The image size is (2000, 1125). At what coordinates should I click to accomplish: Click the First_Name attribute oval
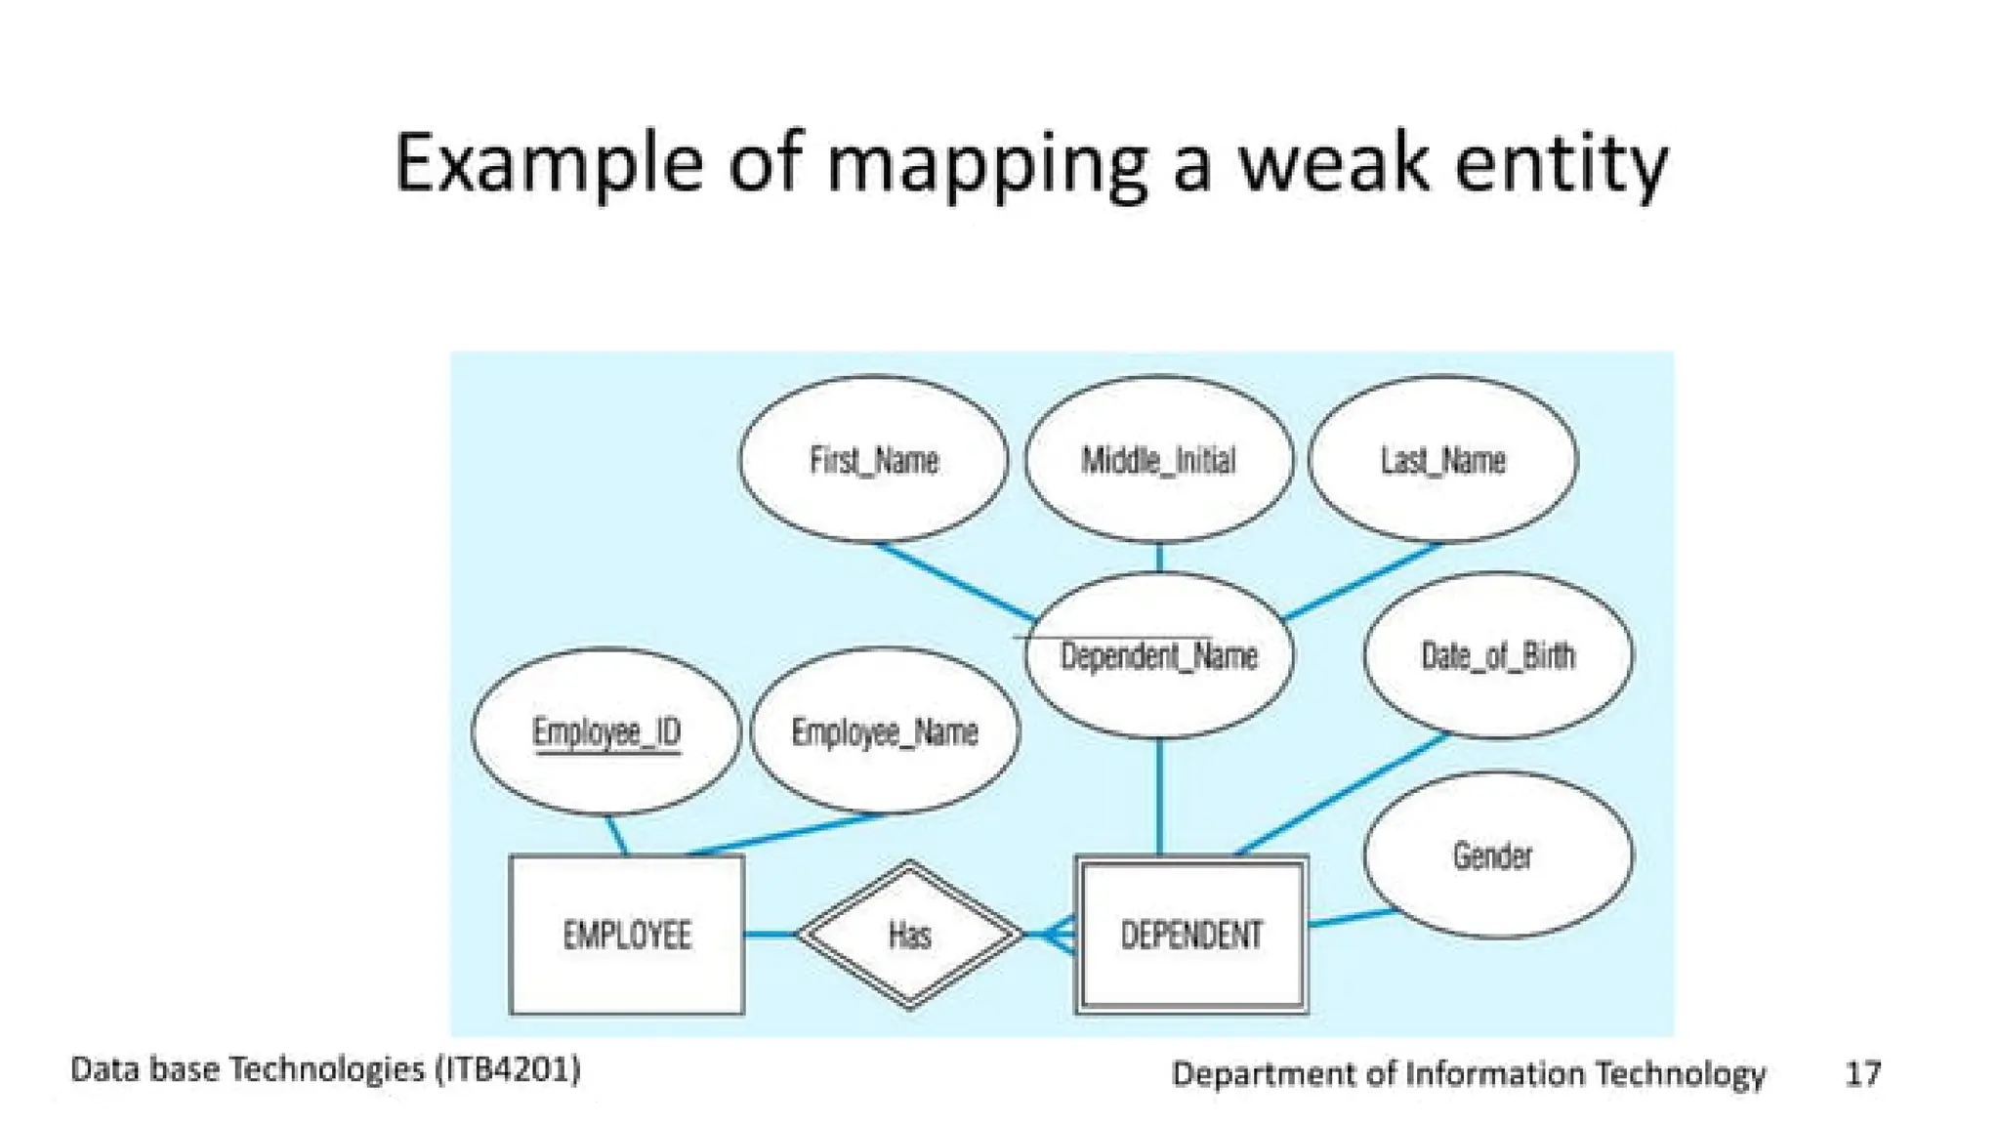[x=873, y=459]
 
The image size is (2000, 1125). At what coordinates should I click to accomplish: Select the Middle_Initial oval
[x=1158, y=459]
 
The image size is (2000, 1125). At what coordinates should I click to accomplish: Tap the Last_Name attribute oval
[x=1442, y=459]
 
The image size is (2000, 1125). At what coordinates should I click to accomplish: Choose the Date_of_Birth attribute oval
[x=1497, y=655]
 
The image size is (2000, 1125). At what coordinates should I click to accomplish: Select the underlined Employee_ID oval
[x=606, y=731]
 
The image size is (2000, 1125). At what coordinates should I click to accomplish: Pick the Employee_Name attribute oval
[x=885, y=731]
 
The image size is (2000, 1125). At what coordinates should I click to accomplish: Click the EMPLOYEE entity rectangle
[x=627, y=935]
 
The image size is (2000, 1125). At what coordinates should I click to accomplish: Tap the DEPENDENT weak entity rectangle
[x=1190, y=935]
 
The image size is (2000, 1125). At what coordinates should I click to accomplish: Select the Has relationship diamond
[x=909, y=935]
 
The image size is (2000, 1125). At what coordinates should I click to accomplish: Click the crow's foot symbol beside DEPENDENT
[x=1058, y=935]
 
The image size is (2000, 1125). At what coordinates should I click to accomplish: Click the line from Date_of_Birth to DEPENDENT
[x=1343, y=794]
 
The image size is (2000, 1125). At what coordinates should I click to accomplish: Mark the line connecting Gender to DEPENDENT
[x=1351, y=917]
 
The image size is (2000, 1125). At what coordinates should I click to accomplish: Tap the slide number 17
[x=1862, y=1073]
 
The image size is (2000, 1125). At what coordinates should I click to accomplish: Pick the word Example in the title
[x=548, y=164]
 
